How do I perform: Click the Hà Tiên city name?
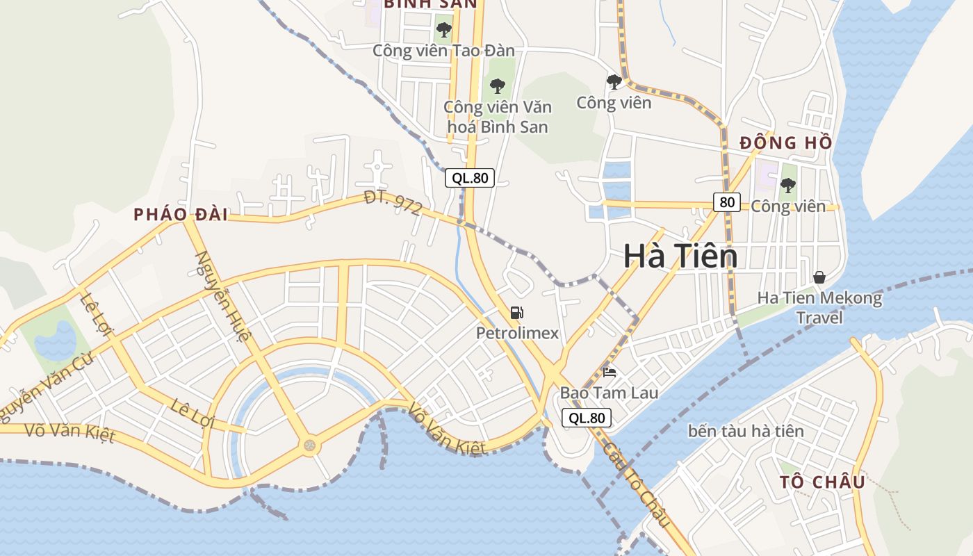point(680,256)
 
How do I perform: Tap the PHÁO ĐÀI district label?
point(181,215)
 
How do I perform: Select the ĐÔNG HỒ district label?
point(785,143)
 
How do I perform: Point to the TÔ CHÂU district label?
point(822,482)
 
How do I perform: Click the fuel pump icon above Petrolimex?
point(516,313)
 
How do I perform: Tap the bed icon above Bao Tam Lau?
point(610,373)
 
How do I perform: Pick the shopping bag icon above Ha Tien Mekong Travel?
point(819,277)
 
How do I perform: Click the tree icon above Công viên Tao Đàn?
point(443,30)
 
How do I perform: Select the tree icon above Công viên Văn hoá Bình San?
point(497,86)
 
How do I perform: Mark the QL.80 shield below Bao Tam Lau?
point(587,418)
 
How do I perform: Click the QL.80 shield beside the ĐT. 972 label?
point(470,178)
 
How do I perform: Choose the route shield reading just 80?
point(727,202)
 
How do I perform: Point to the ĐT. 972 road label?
point(393,203)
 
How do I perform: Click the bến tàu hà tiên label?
point(746,431)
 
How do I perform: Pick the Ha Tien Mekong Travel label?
point(819,308)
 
